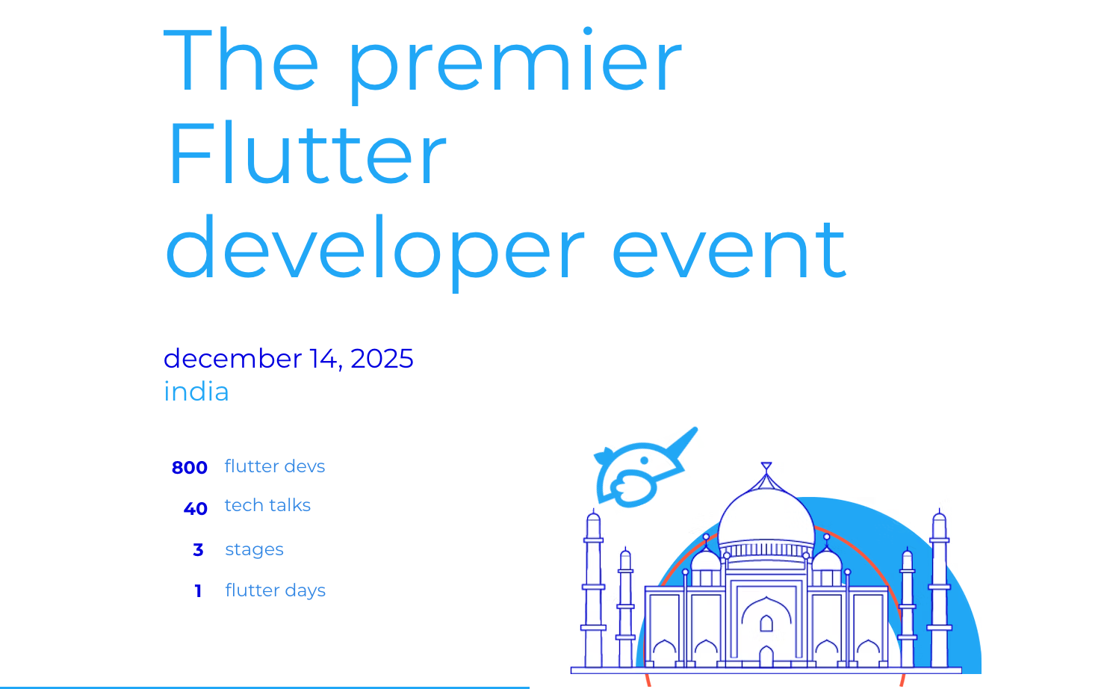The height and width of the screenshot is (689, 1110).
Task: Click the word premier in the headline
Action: [x=515, y=64]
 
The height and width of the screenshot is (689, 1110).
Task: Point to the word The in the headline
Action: [x=241, y=60]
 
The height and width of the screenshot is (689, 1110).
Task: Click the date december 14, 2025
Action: [x=288, y=359]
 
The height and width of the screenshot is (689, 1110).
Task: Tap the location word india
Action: [x=196, y=391]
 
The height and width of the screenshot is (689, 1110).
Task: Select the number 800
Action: [x=189, y=468]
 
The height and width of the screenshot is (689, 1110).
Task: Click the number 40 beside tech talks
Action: [x=195, y=509]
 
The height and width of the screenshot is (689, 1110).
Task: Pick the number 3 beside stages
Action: [x=198, y=550]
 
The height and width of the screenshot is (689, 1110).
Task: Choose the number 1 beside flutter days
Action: [x=198, y=591]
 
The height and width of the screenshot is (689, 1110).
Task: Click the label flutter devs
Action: [x=275, y=466]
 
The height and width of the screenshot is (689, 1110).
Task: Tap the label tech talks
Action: [x=267, y=505]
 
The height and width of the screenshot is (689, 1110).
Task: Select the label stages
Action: [x=254, y=550]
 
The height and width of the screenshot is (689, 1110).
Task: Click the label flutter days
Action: [x=276, y=591]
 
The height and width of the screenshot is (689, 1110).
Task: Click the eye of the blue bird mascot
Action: [x=645, y=460]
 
